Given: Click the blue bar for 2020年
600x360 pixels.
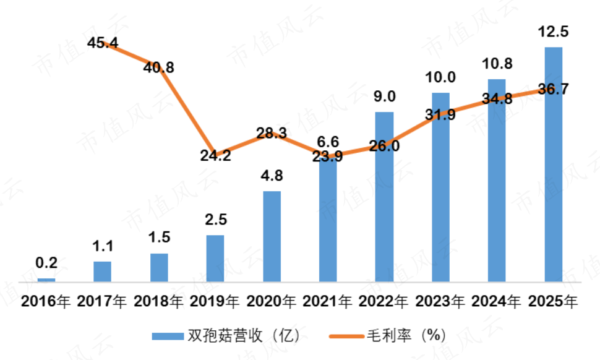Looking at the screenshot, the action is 272,236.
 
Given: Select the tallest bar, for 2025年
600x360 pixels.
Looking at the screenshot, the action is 554,165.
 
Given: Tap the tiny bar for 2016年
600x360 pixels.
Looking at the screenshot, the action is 46,280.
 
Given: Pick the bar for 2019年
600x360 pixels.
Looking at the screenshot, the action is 215,259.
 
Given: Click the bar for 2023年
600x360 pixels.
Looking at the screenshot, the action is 441,187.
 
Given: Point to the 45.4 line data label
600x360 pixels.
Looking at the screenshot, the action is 103,43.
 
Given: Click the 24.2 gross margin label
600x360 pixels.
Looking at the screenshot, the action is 215,155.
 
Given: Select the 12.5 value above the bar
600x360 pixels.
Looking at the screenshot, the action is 554,32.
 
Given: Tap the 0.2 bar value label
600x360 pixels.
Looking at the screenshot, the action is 46,262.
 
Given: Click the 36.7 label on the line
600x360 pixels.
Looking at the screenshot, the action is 554,88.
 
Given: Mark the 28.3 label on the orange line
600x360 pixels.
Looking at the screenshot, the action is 272,133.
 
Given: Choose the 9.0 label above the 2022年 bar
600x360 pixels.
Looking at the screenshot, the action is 385,96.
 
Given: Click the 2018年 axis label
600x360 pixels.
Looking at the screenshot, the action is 158,301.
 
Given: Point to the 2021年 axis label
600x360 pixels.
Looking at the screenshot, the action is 328,301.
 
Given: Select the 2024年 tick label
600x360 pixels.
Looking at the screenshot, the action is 496,301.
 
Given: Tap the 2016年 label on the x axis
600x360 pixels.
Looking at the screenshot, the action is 46,301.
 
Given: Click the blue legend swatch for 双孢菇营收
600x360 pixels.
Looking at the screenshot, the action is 168,336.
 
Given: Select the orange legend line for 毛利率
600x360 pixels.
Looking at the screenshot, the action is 346,336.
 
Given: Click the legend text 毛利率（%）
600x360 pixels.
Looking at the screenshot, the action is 406,335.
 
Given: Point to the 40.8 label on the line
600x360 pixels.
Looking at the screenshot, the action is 159,67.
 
